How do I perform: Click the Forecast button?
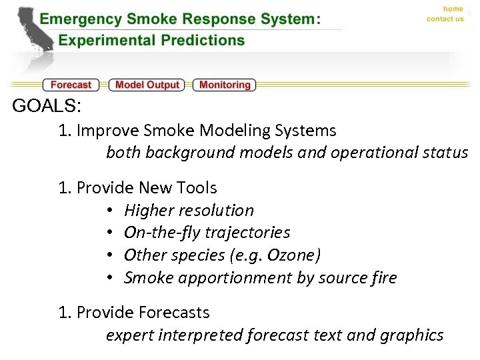coord(71,85)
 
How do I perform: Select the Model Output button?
coord(147,85)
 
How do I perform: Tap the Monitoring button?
coord(225,85)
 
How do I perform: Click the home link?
coord(453,9)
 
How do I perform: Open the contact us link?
coord(445,19)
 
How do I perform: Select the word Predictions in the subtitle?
coord(205,40)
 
